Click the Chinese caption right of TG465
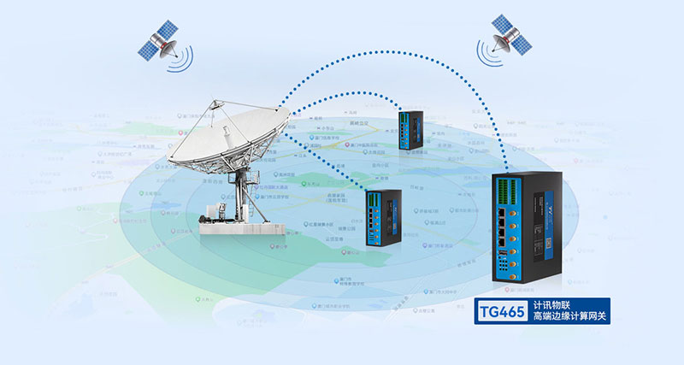click(x=568, y=310)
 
